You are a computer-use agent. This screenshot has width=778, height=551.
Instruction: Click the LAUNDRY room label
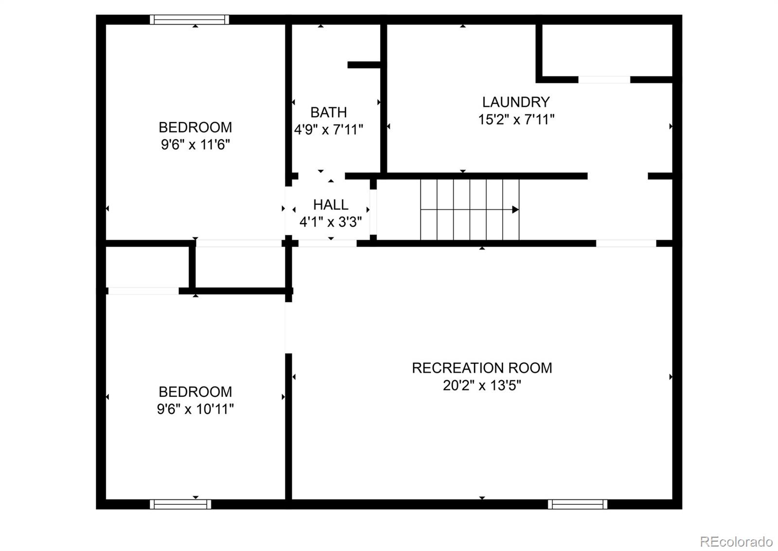tap(515, 102)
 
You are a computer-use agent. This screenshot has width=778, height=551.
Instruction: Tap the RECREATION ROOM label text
tap(481, 368)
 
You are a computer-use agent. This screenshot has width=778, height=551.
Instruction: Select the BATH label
tap(329, 112)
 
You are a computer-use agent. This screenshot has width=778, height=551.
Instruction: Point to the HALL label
tap(331, 205)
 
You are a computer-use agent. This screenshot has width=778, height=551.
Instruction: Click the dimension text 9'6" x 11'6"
tap(195, 144)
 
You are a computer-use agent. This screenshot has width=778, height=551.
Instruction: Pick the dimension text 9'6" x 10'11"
tap(195, 409)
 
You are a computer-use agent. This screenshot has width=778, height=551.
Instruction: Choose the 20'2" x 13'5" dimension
tap(481, 386)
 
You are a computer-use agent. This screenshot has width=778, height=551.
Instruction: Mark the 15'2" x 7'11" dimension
tap(516, 119)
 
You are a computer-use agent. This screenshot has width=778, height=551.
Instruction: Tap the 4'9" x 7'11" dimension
tap(329, 130)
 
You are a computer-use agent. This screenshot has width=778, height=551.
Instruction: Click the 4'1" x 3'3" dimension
tap(331, 222)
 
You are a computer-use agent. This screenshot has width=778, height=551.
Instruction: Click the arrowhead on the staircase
tap(515, 210)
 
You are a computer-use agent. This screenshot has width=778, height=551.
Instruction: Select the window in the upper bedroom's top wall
tap(189, 19)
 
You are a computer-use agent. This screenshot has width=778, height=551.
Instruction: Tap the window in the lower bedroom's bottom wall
tap(180, 504)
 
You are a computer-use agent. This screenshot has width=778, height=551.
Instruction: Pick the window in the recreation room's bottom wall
tap(577, 504)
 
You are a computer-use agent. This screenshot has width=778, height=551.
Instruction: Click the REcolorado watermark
tap(736, 541)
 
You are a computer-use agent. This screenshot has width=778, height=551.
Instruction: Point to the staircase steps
tap(469, 210)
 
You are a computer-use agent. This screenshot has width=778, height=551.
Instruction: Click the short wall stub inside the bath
tap(364, 65)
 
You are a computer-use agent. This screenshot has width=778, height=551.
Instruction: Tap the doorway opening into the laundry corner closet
tap(604, 79)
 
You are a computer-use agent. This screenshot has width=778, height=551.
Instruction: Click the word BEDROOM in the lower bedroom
tap(195, 391)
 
